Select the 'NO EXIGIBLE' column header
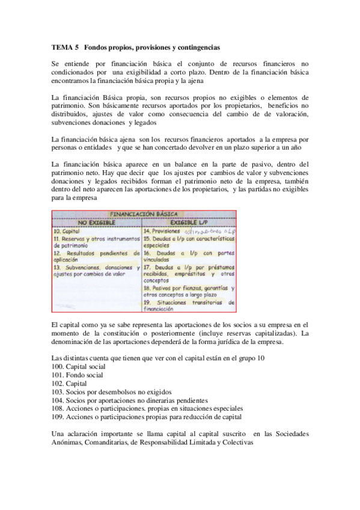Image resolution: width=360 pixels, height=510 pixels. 87,222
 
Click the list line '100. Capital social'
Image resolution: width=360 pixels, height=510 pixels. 79,366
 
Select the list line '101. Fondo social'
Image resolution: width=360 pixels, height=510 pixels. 78,375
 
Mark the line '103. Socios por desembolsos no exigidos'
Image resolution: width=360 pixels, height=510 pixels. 112,392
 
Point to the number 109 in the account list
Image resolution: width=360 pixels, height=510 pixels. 58,417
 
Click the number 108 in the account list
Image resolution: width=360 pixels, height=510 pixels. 58,408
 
